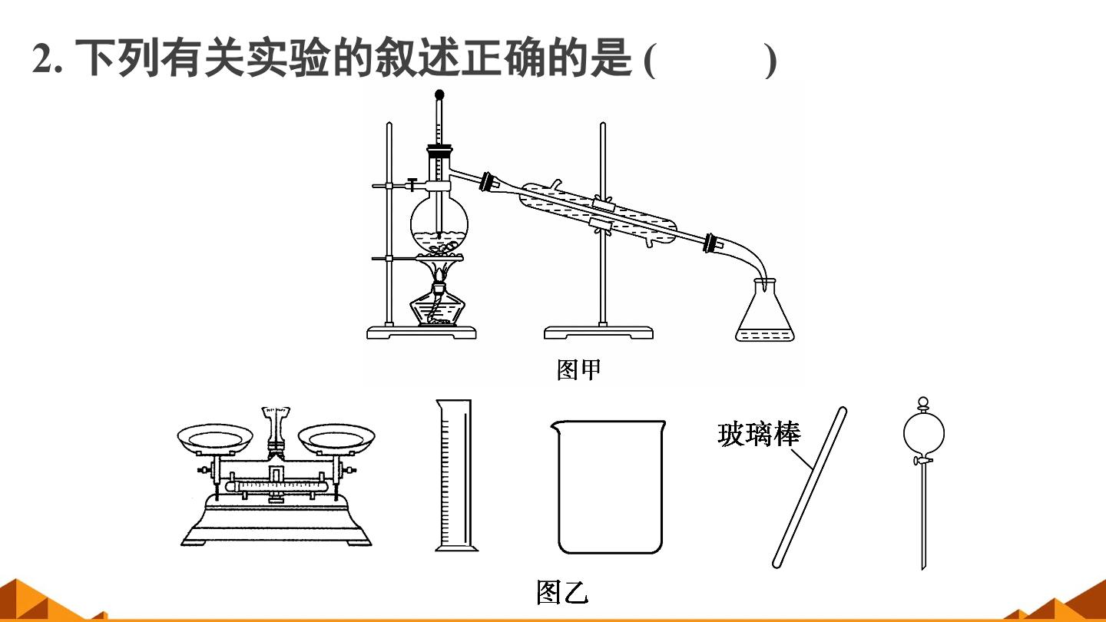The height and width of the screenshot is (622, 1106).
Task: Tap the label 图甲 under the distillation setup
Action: click(x=578, y=369)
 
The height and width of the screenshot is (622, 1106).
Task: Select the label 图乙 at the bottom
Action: click(x=562, y=592)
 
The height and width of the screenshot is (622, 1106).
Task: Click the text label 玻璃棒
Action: click(x=759, y=435)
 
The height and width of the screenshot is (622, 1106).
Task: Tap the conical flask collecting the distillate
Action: click(x=765, y=311)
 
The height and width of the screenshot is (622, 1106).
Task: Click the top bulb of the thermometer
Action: click(x=439, y=94)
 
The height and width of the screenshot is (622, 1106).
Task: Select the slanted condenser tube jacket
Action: click(x=598, y=215)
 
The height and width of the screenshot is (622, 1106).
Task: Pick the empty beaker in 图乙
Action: click(x=609, y=486)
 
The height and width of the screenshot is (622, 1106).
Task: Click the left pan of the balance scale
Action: click(x=215, y=439)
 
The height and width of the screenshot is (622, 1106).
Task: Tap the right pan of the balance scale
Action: click(x=336, y=439)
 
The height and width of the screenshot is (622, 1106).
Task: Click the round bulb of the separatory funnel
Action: click(x=924, y=433)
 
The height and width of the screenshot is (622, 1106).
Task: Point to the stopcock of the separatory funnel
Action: click(x=922, y=461)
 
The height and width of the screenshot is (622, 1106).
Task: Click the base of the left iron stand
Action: click(x=421, y=333)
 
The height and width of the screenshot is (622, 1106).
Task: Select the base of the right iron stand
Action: click(x=598, y=333)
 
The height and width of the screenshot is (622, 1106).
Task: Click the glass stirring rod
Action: click(x=810, y=487)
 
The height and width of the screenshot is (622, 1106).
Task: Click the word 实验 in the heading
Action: click(x=288, y=58)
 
